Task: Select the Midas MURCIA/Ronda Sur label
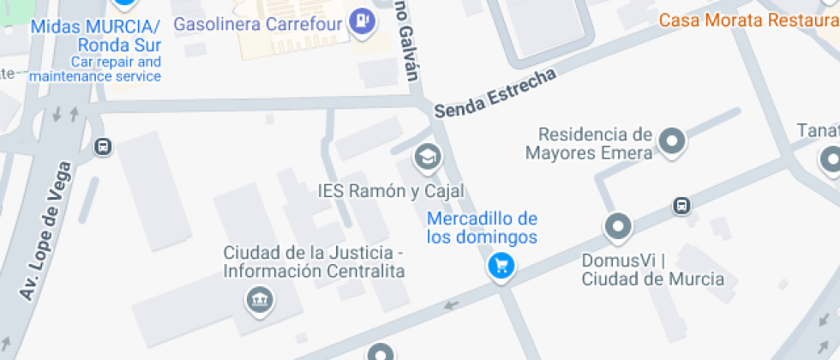point(95,36)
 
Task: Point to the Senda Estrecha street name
point(495,93)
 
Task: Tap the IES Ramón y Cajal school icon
point(427,157)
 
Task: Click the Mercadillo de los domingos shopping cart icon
point(501,266)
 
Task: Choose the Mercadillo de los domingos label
point(482,227)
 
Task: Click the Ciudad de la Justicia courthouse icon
point(258,300)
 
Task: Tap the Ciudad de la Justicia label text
point(314,261)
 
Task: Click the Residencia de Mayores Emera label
point(595,143)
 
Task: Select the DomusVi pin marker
point(617,227)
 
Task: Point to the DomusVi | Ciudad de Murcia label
point(652,268)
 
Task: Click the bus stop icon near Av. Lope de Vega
point(103,147)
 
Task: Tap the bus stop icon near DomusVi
point(681,205)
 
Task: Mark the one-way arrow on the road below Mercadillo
point(451,304)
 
